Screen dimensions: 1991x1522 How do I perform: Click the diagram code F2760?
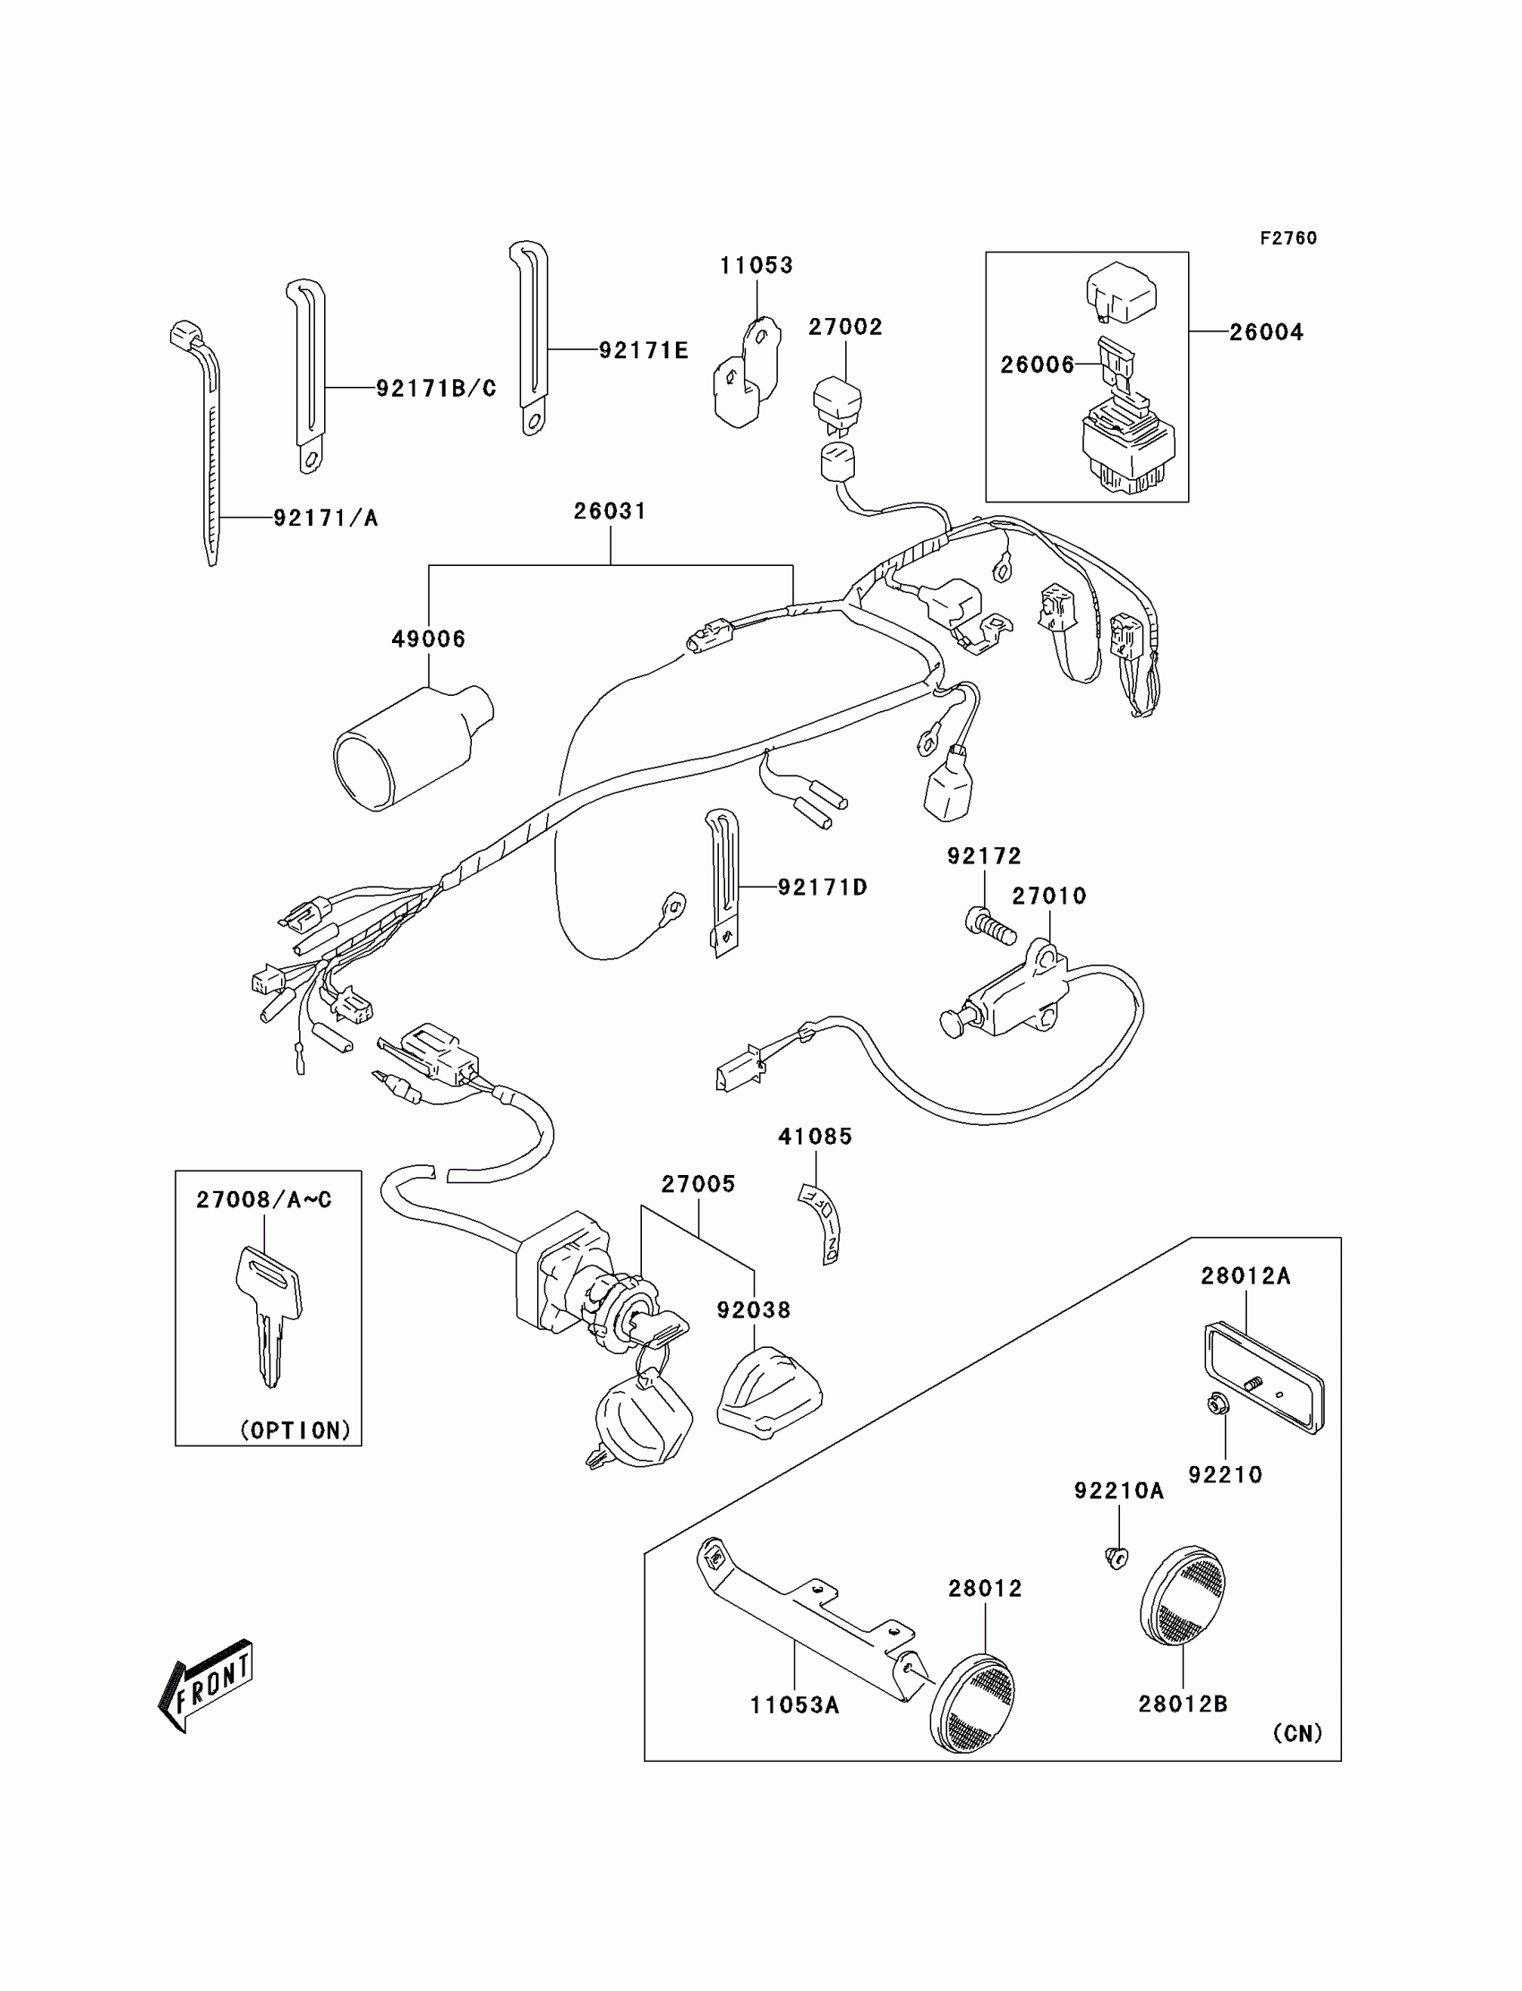pos(1287,238)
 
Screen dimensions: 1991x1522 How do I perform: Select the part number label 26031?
pos(610,511)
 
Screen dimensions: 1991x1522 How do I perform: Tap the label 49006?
pos(429,639)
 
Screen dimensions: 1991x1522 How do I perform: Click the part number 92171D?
pos(823,888)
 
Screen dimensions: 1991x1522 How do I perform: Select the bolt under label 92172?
pos(990,927)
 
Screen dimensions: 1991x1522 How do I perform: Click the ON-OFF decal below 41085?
pos(822,1222)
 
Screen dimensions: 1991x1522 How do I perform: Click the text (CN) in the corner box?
pos(1297,1733)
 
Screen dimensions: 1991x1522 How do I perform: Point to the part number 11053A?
pos(794,1705)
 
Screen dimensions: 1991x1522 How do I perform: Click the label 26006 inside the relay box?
pos(1038,365)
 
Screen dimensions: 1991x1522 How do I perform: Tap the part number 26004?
pos(1266,332)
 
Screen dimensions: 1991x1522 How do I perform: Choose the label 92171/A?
pos(325,519)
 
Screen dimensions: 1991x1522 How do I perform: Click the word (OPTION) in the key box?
pos(295,1430)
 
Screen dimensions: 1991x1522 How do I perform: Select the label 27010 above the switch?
pos(1048,897)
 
